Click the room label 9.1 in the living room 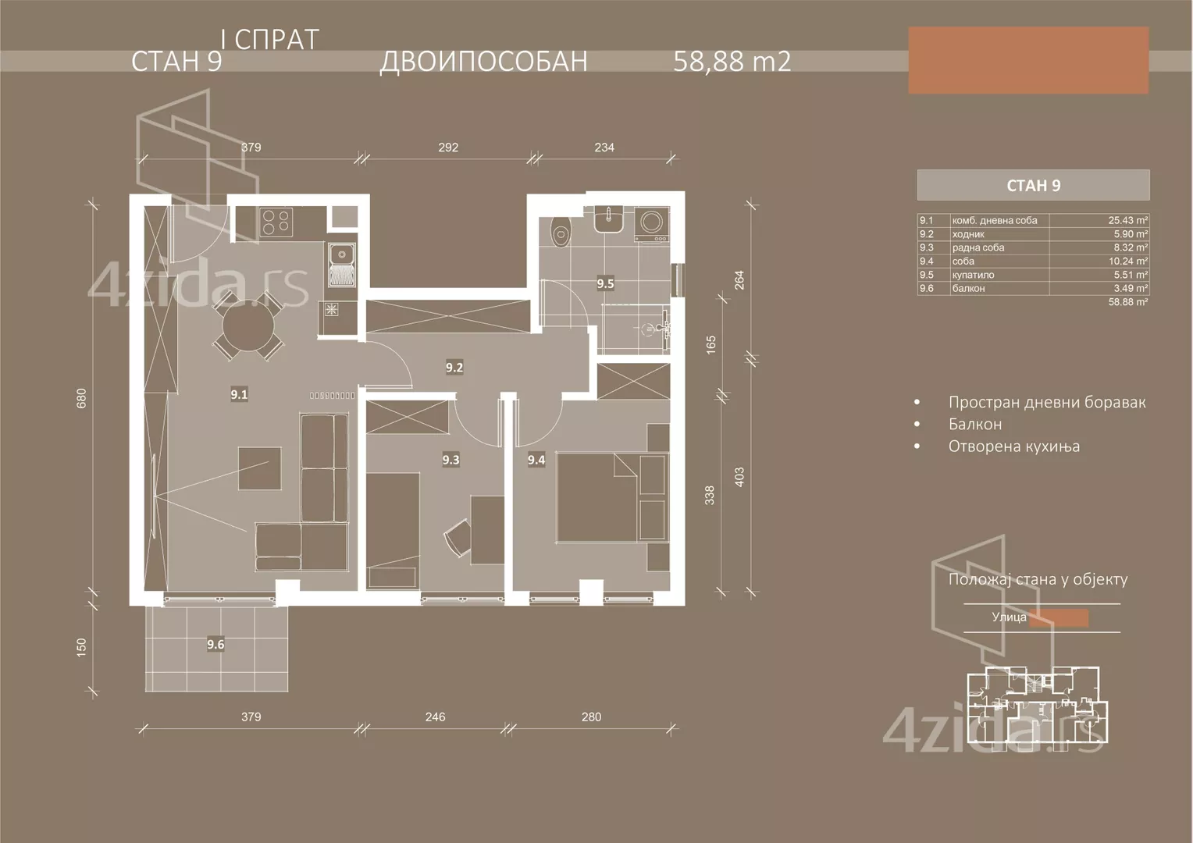pos(239,395)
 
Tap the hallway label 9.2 pos(454,367)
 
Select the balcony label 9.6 pos(215,644)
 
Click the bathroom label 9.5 pos(605,283)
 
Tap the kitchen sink pos(341,254)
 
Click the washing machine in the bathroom pos(651,223)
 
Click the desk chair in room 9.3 pos(457,538)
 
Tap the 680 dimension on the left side pos(81,398)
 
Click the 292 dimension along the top pos(448,147)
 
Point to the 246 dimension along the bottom pos(435,717)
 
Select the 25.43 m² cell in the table pos(1128,221)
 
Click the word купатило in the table pos(974,275)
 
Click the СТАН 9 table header pos(1033,185)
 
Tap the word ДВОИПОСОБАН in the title pos(483,61)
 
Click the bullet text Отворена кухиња pos(1013,446)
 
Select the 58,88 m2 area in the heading pos(732,61)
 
